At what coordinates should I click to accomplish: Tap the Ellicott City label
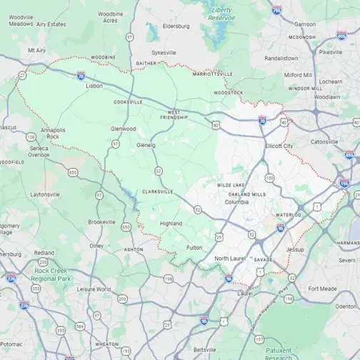(x=278, y=146)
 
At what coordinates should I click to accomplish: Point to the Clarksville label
(x=157, y=191)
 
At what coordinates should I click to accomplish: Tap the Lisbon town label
(x=94, y=86)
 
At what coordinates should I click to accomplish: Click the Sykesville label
(x=163, y=52)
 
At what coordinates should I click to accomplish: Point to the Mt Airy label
(x=36, y=50)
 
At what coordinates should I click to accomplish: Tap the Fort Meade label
(x=322, y=289)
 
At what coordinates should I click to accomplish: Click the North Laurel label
(x=230, y=258)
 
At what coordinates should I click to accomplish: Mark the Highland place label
(x=171, y=224)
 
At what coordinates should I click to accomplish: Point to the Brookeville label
(x=101, y=221)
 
